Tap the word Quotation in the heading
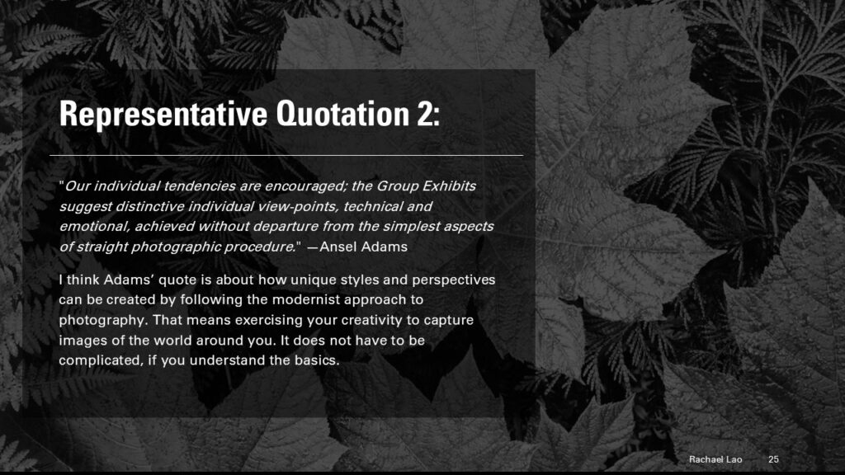tap(342, 114)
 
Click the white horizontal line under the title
tap(286, 155)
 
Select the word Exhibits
tap(449, 186)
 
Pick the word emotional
tap(94, 226)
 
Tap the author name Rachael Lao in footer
tap(715, 459)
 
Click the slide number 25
tap(773, 459)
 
